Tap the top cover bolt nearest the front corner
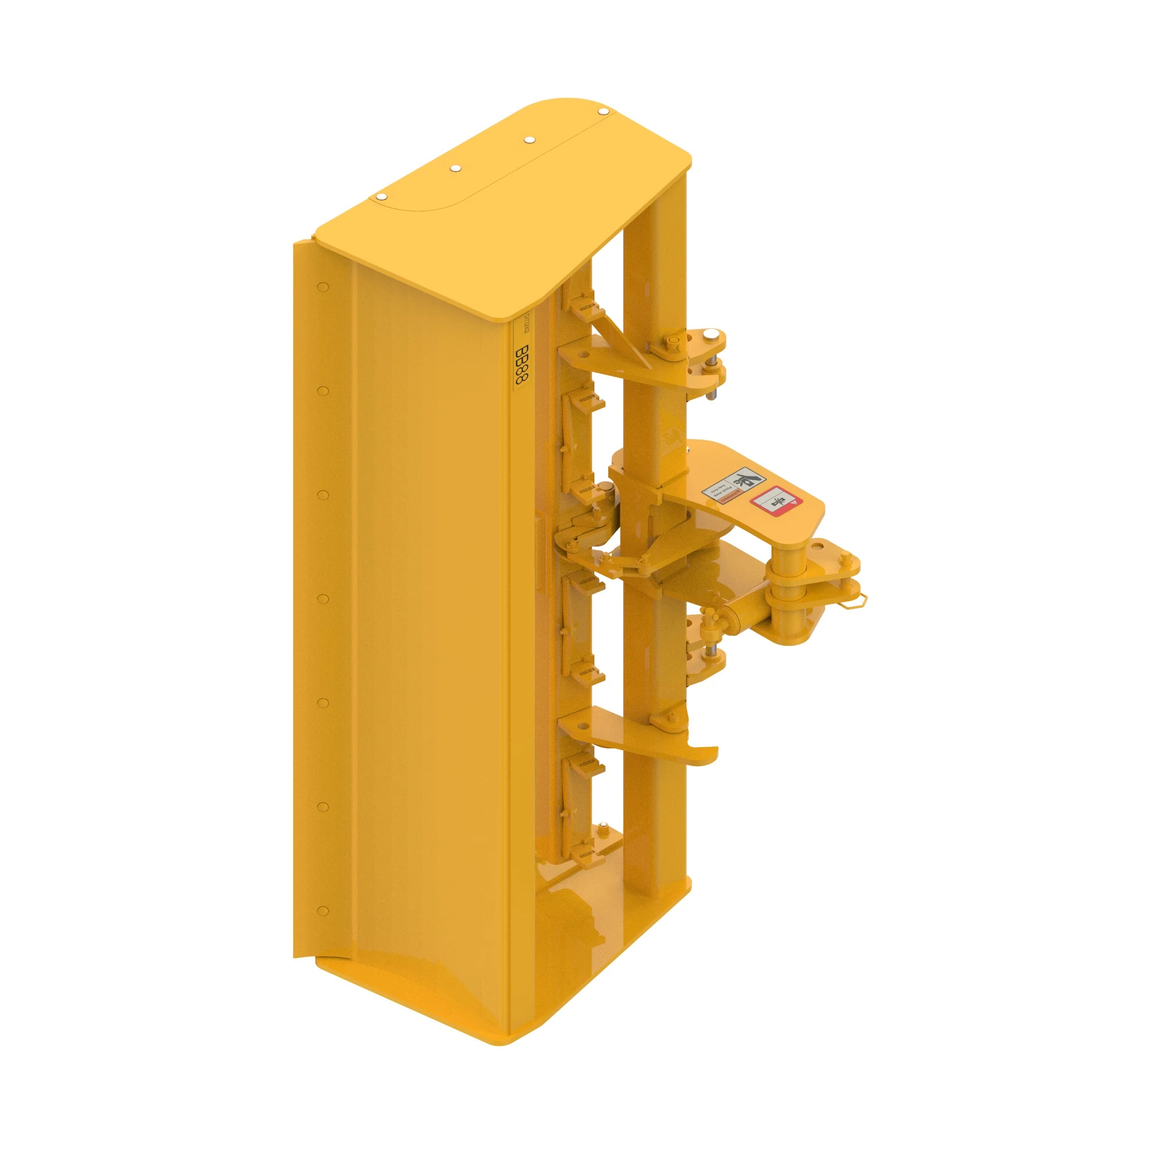pos(381,197)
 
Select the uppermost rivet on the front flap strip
pos(323,287)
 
